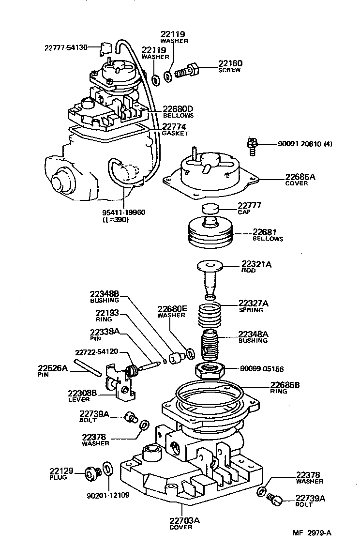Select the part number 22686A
point(300,177)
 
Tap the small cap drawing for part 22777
point(209,210)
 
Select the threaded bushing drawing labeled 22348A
point(210,345)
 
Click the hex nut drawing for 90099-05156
point(210,371)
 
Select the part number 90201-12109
point(108,496)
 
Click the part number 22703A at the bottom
point(184,521)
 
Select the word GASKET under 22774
point(175,133)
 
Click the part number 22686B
point(285,385)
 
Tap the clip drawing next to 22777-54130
point(106,48)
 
